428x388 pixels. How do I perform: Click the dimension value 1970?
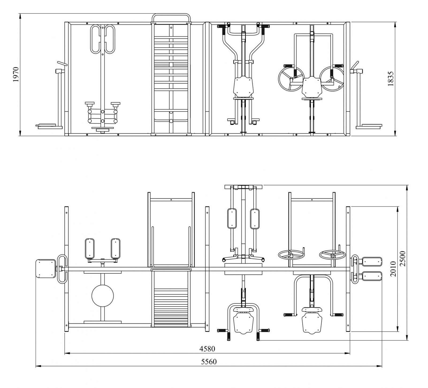(x=16, y=74)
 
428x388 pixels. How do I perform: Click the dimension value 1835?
(x=391, y=79)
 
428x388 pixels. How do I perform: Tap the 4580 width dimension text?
(x=207, y=349)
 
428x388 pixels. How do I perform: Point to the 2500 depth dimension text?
(x=403, y=259)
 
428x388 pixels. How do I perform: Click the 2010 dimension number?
(x=393, y=269)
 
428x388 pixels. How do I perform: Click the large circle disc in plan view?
(x=102, y=296)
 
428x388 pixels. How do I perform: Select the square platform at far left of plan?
(x=45, y=269)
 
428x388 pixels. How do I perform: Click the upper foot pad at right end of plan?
(x=372, y=262)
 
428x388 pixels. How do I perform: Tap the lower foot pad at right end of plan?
(x=372, y=276)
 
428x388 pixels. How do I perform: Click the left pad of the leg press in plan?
(x=90, y=249)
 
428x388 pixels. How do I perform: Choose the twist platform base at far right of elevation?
(x=369, y=126)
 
